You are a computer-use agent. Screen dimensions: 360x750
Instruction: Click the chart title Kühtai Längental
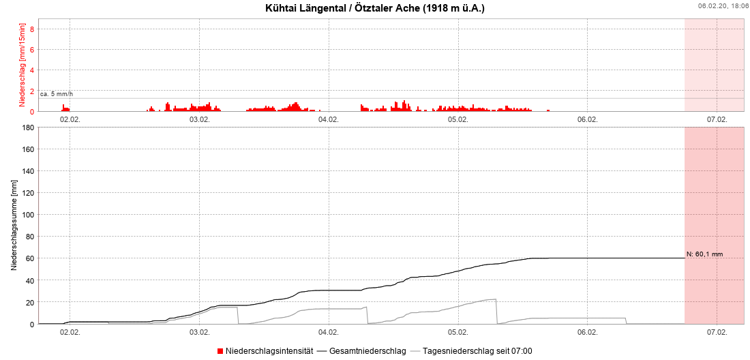click(x=375, y=9)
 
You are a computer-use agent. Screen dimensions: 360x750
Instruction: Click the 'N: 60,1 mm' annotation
click(x=704, y=254)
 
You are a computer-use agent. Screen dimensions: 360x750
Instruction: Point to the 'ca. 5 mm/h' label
click(x=57, y=93)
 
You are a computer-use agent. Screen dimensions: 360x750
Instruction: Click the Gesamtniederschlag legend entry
click(x=367, y=351)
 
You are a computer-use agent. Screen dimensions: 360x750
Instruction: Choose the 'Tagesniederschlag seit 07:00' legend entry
click(x=477, y=351)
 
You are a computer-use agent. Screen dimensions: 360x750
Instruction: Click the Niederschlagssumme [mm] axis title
click(x=14, y=226)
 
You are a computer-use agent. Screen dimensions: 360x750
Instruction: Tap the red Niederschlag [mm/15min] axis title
click(x=22, y=65)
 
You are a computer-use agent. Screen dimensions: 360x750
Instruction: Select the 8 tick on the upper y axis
click(x=31, y=29)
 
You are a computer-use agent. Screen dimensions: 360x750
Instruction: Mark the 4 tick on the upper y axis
click(x=31, y=70)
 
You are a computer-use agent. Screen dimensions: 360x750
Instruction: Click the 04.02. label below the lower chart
click(x=329, y=332)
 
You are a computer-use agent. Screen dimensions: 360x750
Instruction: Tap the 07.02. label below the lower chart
click(x=717, y=332)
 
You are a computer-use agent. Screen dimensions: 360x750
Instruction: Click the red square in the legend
click(x=220, y=351)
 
